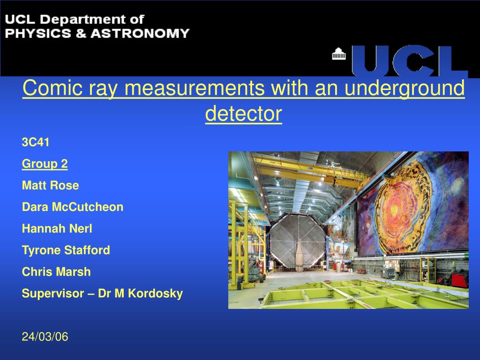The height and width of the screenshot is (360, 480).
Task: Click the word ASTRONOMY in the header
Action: point(140,33)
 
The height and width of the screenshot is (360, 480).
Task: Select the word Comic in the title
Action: point(52,88)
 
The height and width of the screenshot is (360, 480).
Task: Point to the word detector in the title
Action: point(243,113)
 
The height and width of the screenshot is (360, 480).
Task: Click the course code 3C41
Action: point(36,142)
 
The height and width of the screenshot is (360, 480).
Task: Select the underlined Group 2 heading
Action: point(45,164)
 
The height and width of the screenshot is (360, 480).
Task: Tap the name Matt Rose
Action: point(51,185)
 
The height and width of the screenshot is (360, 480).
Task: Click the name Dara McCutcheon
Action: point(73,207)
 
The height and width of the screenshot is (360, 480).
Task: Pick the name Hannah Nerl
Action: point(57,228)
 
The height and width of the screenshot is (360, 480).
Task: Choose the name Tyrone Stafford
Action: point(66,250)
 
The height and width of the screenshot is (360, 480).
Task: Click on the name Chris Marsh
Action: point(56,272)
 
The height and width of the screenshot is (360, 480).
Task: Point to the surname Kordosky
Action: point(155,293)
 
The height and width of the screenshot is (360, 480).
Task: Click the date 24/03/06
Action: point(45,337)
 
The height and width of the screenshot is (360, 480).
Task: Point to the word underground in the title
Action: point(405,89)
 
